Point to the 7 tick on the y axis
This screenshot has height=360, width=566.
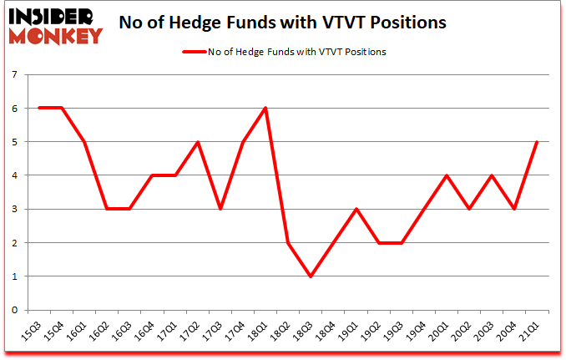pyautogui.click(x=15, y=74)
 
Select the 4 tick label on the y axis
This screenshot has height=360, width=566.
pyautogui.click(x=15, y=175)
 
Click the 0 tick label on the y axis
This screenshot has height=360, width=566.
pyautogui.click(x=15, y=310)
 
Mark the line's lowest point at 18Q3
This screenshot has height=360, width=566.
pyautogui.click(x=310, y=276)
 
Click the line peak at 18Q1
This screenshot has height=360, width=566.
pyautogui.click(x=265, y=108)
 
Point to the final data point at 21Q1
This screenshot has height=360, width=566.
pyautogui.click(x=537, y=142)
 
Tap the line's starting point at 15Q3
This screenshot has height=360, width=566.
pyautogui.click(x=38, y=108)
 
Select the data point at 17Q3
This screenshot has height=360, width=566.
pyautogui.click(x=220, y=209)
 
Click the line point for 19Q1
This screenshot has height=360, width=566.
pyautogui.click(x=356, y=209)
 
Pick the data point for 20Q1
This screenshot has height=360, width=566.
pyautogui.click(x=447, y=175)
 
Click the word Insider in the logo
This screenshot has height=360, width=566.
pyautogui.click(x=52, y=16)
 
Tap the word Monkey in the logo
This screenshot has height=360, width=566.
pyautogui.click(x=56, y=36)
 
